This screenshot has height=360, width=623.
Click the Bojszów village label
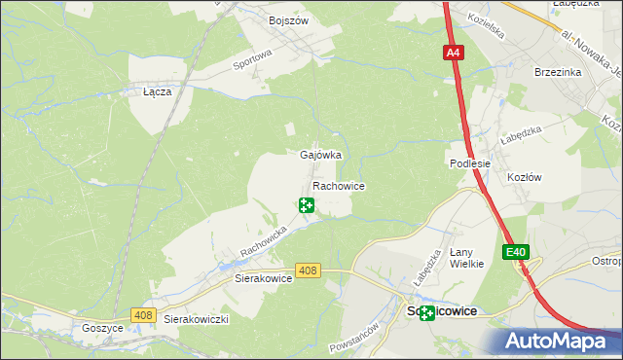pos(287,19)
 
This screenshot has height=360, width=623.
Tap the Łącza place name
pos(157,91)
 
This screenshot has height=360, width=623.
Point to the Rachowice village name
pos(338,185)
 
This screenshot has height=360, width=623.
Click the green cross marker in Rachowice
pos(307,204)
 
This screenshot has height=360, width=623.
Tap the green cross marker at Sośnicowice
pos(427,312)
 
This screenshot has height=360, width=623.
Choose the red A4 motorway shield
pos(455,54)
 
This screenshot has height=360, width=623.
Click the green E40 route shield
pos(516,252)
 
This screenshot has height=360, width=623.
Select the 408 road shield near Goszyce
pos(144,314)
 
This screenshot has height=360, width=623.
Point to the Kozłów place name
pos(525,177)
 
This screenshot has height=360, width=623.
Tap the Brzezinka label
pos(558,72)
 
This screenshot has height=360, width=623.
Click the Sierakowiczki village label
pos(196,319)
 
